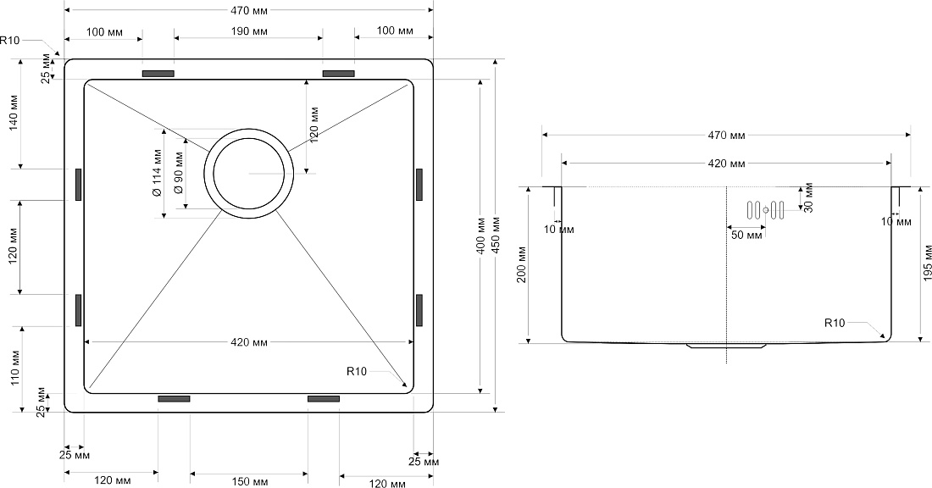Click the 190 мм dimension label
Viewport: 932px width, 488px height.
[x=248, y=30]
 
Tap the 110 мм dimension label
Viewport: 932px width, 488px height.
[x=15, y=368]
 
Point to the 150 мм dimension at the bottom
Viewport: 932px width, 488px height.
[x=248, y=481]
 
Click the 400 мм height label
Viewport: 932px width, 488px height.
[x=481, y=235]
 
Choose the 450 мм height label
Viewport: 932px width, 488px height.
[x=495, y=235]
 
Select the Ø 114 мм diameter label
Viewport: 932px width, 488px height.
[x=157, y=173]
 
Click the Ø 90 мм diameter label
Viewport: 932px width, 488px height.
[x=178, y=173]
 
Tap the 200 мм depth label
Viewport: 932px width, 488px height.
[x=521, y=264]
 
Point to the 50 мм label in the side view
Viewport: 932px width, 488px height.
[x=746, y=235]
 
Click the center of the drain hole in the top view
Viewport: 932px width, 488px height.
[x=248, y=173]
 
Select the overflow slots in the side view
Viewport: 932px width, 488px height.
[x=766, y=210]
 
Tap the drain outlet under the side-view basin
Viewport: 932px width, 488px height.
[x=726, y=345]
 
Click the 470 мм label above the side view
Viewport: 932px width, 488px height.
[x=726, y=136]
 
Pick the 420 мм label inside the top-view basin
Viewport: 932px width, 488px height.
[x=248, y=342]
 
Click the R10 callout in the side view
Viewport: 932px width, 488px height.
[x=835, y=324]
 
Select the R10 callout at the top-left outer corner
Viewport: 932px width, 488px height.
[x=10, y=41]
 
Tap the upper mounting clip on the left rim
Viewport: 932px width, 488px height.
[x=79, y=184]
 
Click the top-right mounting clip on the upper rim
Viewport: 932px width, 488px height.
[x=339, y=74]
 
